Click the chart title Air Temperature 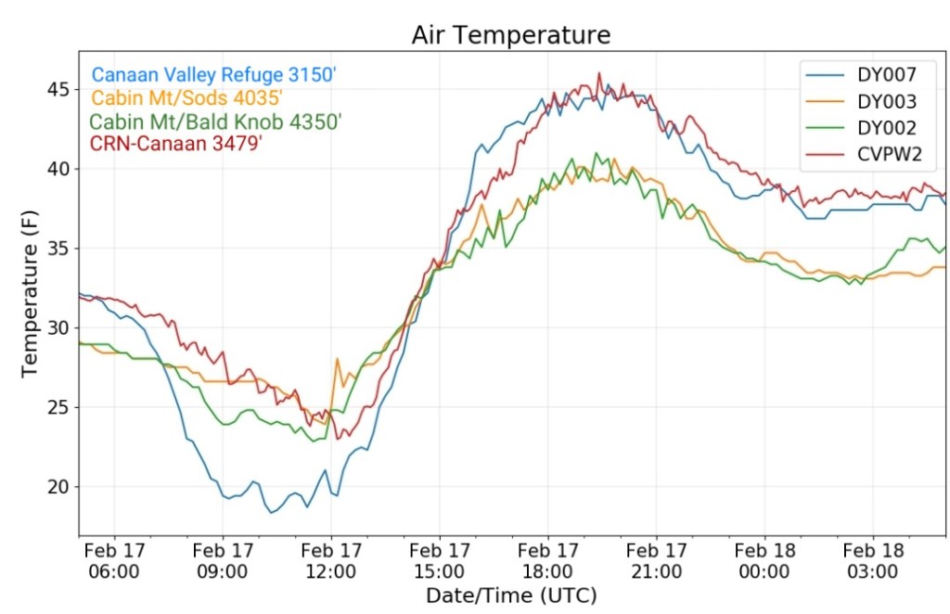511,35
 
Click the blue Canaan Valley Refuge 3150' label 212,75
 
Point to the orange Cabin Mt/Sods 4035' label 186,98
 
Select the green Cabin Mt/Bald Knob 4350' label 215,122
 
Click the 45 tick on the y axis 58,89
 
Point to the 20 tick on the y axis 58,487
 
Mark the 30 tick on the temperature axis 58,327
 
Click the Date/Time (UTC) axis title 511,595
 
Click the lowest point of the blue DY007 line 271,512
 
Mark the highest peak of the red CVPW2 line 599,74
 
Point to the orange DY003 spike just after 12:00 337,359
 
